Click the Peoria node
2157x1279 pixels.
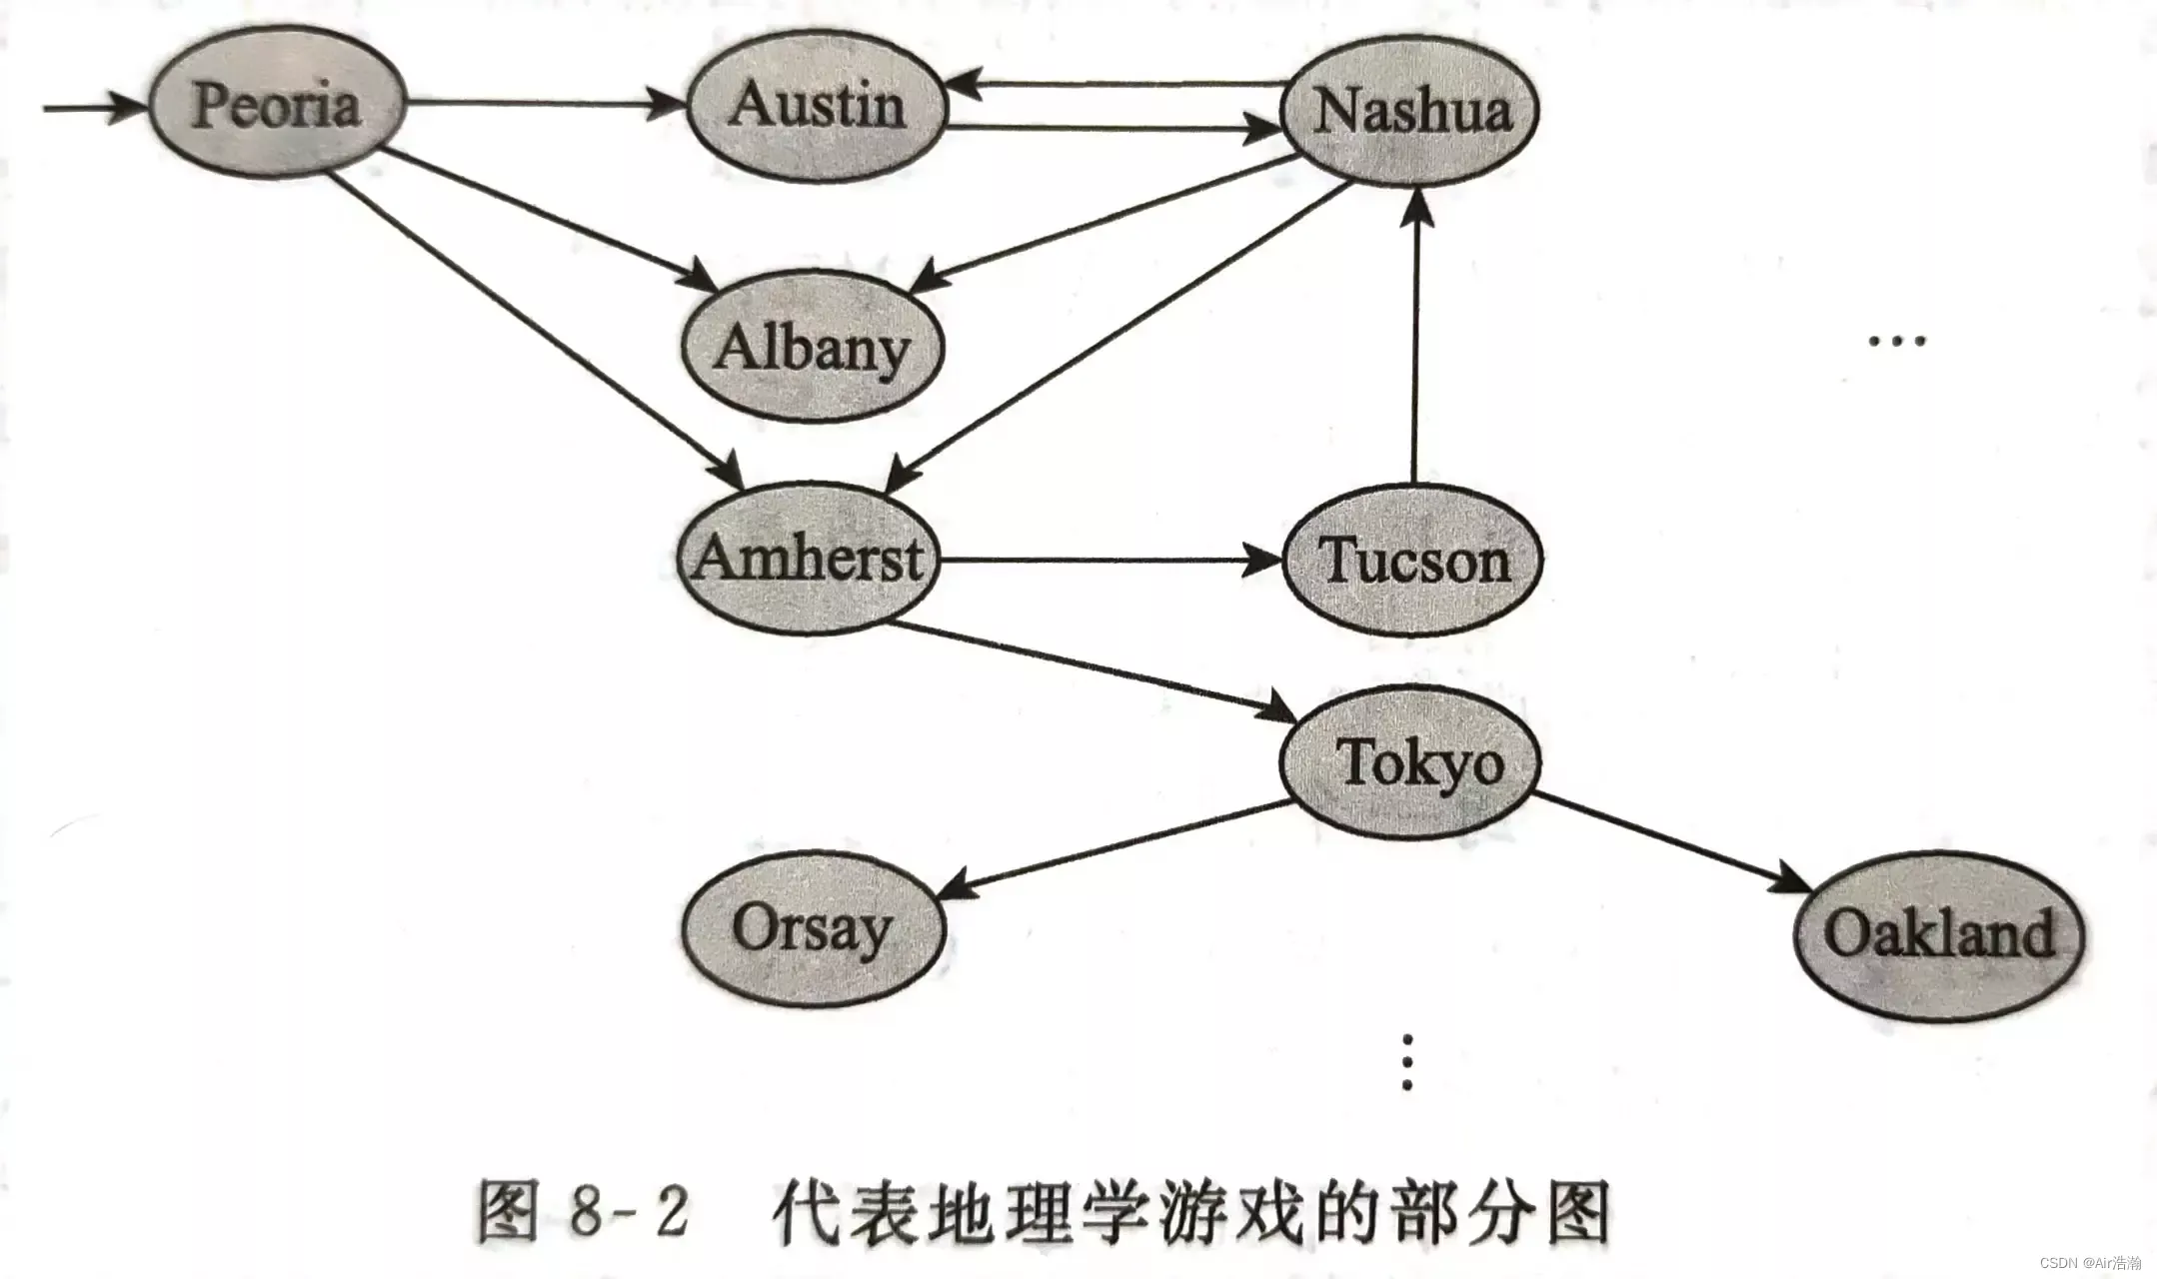(277, 104)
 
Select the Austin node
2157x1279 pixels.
(816, 106)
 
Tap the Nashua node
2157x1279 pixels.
(1410, 110)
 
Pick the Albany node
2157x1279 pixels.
(812, 347)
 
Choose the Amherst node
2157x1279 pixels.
(808, 559)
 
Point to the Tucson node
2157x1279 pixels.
(1412, 561)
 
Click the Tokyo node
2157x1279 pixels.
(1410, 762)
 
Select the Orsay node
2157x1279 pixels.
(812, 929)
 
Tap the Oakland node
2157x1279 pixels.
(1938, 934)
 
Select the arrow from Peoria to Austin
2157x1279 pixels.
(545, 102)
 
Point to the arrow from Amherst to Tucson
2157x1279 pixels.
(1109, 561)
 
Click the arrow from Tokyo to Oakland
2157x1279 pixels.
(1669, 839)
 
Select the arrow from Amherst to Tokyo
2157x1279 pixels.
(1089, 670)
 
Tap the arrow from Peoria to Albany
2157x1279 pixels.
(550, 221)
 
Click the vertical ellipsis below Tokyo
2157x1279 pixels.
(1407, 1062)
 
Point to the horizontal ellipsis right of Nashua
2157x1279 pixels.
(1896, 341)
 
